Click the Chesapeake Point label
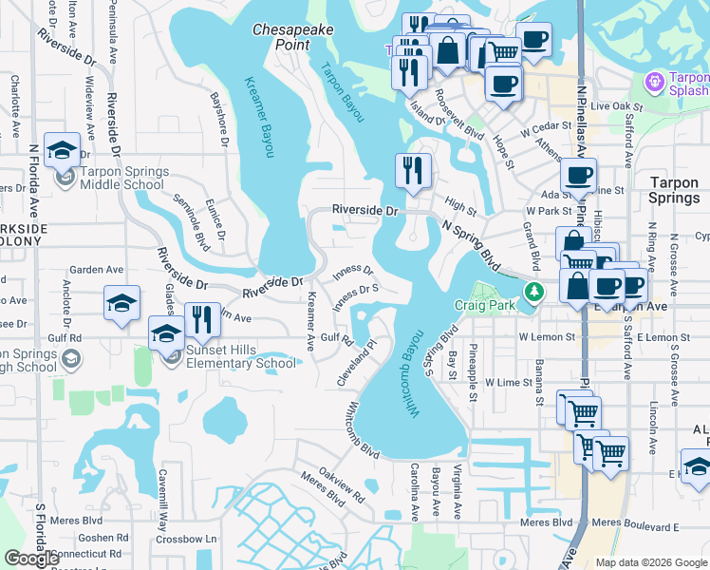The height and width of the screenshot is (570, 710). click(293, 38)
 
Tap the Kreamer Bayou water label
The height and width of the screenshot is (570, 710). click(257, 117)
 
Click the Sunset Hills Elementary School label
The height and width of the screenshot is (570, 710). click(237, 357)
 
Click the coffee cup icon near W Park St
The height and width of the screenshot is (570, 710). click(577, 176)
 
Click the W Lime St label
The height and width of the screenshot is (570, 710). click(510, 381)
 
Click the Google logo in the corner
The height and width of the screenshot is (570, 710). click(31, 558)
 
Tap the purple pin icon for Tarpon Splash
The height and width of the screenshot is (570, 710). click(654, 84)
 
